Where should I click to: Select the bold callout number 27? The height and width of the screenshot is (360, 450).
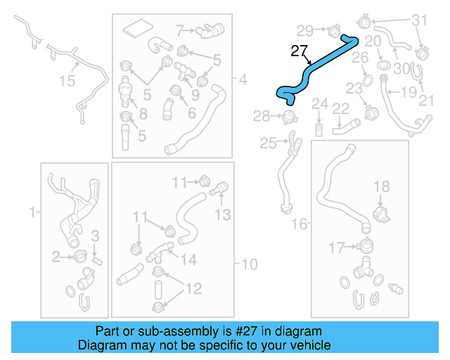tap(299, 51)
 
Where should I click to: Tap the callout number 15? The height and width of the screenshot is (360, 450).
tap(66, 82)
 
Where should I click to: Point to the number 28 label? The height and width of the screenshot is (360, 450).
tap(262, 115)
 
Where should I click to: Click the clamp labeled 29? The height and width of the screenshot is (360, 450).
tap(333, 30)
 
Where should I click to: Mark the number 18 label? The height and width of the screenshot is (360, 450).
tap(381, 186)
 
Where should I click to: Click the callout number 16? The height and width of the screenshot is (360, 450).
tap(300, 224)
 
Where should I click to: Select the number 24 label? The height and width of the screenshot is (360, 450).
tap(320, 105)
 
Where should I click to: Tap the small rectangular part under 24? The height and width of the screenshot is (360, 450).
tap(319, 130)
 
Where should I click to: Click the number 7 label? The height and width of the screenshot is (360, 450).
tap(180, 30)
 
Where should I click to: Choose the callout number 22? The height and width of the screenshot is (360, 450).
tap(341, 108)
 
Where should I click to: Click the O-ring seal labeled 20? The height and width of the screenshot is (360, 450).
tap(385, 65)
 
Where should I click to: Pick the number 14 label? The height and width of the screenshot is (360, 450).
tap(189, 259)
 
